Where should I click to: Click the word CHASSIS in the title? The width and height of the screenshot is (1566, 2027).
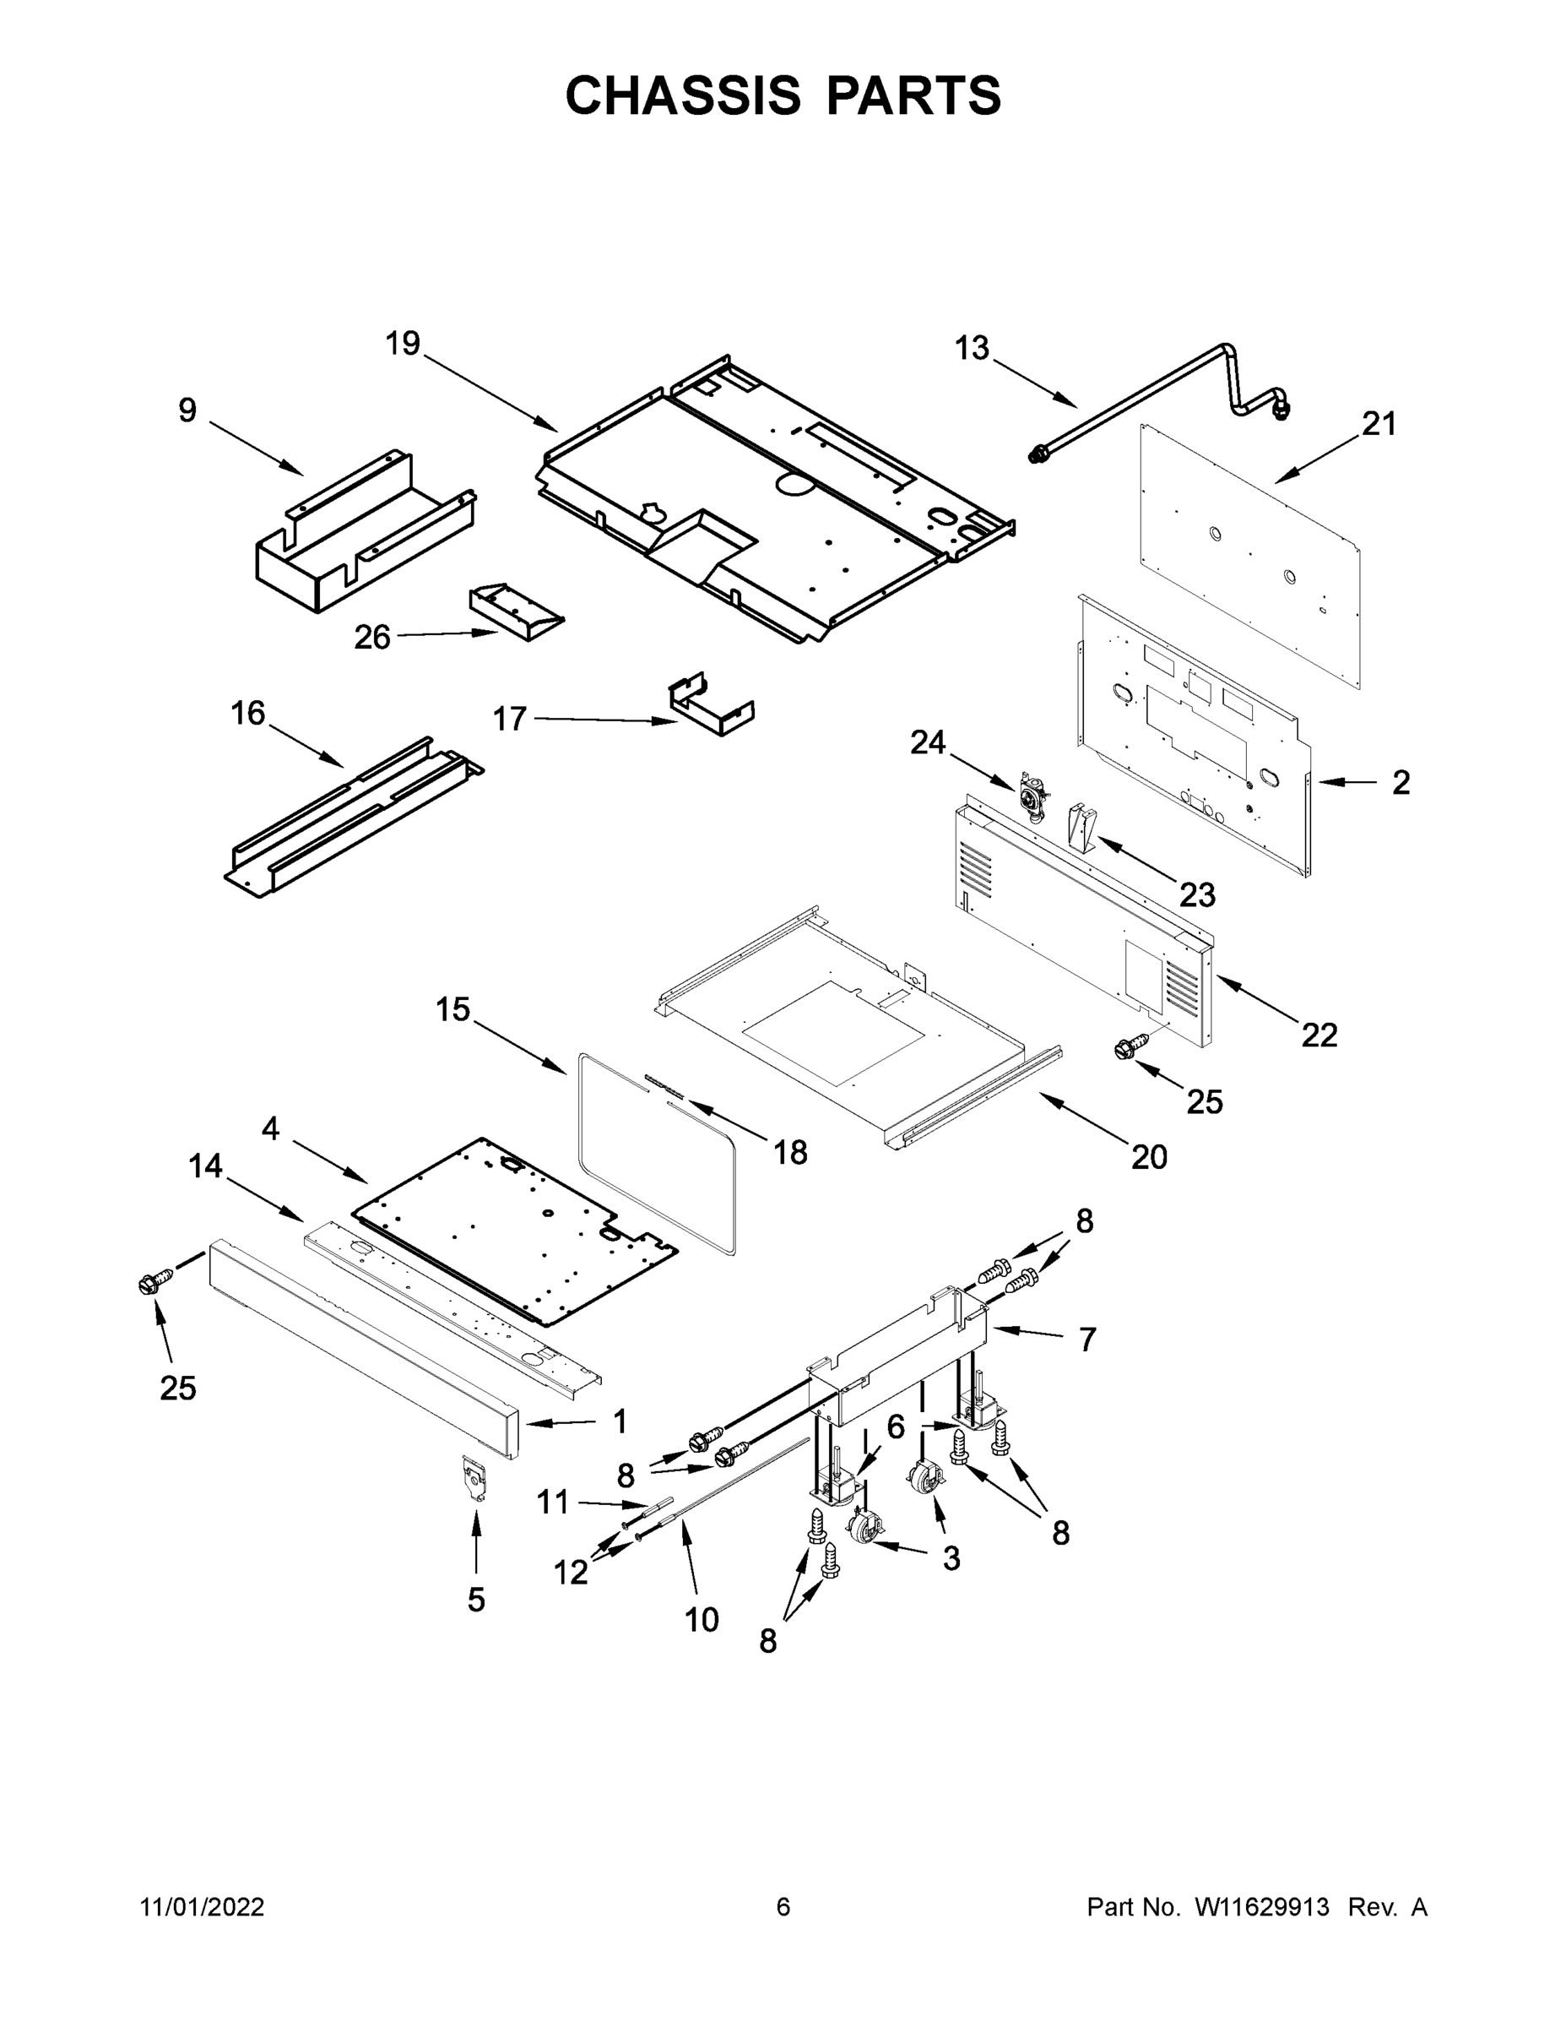coord(684,95)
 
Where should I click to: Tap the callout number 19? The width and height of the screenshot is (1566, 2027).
coord(404,345)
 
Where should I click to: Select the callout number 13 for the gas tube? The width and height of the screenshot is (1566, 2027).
coord(973,349)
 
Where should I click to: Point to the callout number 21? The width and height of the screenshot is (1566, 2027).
coord(1379,424)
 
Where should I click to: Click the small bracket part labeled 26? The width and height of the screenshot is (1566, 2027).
coord(516,611)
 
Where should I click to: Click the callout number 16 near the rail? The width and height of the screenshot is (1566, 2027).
coord(247,713)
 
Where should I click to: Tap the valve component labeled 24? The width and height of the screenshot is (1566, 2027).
coord(1032,796)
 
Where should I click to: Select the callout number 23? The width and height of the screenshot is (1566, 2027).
coord(1197,895)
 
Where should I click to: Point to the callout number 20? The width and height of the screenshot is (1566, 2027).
coord(1148,1157)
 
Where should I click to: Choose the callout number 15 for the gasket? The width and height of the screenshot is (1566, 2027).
coord(453,1009)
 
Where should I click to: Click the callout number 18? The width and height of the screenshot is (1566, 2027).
coord(790,1153)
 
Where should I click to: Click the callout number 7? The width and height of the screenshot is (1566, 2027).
coord(1087,1340)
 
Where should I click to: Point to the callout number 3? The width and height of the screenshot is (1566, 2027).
coord(951,1558)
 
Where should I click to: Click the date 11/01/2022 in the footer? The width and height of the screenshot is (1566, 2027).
coord(203,1907)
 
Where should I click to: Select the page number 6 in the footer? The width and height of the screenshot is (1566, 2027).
coord(783,1907)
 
